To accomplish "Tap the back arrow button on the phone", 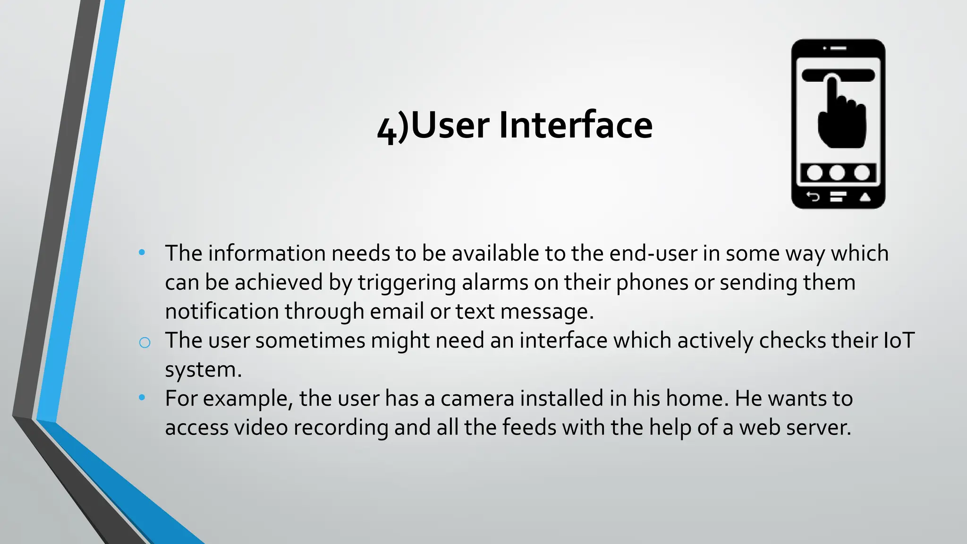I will pos(813,196).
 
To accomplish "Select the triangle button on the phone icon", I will pos(865,197).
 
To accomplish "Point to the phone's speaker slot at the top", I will pos(839,48).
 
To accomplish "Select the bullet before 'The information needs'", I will pos(142,253).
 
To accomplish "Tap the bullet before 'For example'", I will pos(142,398).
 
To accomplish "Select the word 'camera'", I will pos(477,399).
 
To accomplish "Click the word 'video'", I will pos(261,427).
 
